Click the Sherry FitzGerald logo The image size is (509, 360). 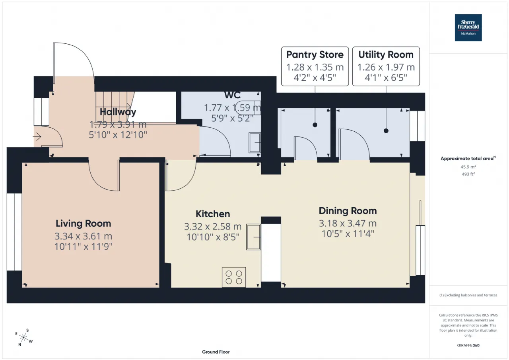(468, 28)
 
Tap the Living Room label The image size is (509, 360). (84, 224)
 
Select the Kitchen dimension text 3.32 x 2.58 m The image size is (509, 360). (213, 226)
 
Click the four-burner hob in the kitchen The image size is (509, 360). (234, 277)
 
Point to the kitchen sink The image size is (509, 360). (254, 237)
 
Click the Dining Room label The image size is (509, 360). (348, 211)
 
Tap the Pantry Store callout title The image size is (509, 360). (315, 54)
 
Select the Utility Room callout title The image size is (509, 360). (386, 55)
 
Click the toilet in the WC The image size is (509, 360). (248, 107)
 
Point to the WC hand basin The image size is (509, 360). (255, 143)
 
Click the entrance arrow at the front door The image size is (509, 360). (37, 137)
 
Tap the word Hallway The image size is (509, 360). (118, 112)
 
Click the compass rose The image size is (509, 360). (23, 337)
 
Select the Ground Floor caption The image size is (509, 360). (216, 352)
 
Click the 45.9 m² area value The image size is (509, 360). (468, 167)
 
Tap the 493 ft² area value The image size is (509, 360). (468, 174)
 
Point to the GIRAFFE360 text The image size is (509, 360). (468, 345)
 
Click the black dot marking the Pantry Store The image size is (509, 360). (315, 125)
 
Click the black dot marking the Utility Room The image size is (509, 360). (386, 131)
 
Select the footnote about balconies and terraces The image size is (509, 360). (468, 295)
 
